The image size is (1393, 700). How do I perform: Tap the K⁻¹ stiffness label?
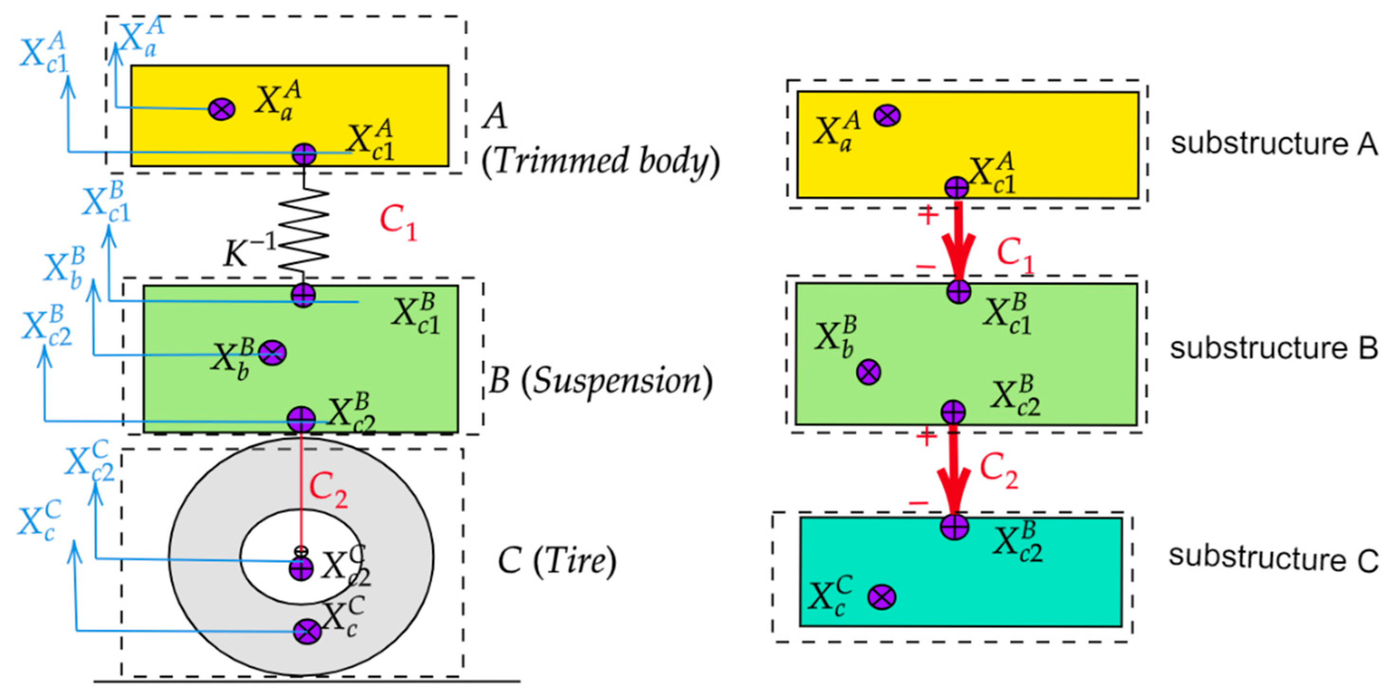[x=249, y=251]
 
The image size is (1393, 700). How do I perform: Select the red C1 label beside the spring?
[x=398, y=223]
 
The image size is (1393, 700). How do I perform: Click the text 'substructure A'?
[x=1273, y=144]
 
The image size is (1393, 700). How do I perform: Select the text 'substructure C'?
[x=1273, y=558]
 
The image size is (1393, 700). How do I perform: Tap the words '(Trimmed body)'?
[x=600, y=161]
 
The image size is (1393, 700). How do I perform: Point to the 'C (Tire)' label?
[x=557, y=561]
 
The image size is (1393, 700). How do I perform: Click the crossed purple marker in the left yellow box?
[x=221, y=109]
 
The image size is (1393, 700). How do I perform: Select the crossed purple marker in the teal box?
[x=881, y=597]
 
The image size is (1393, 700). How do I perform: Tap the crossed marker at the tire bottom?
[x=307, y=631]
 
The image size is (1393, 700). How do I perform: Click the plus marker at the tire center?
[x=301, y=569]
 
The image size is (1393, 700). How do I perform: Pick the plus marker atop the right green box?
[x=959, y=291]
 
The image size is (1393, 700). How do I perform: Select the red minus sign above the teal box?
[x=918, y=503]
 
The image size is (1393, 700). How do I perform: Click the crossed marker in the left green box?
[x=273, y=353]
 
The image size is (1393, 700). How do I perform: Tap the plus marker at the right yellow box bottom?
[x=956, y=187]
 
